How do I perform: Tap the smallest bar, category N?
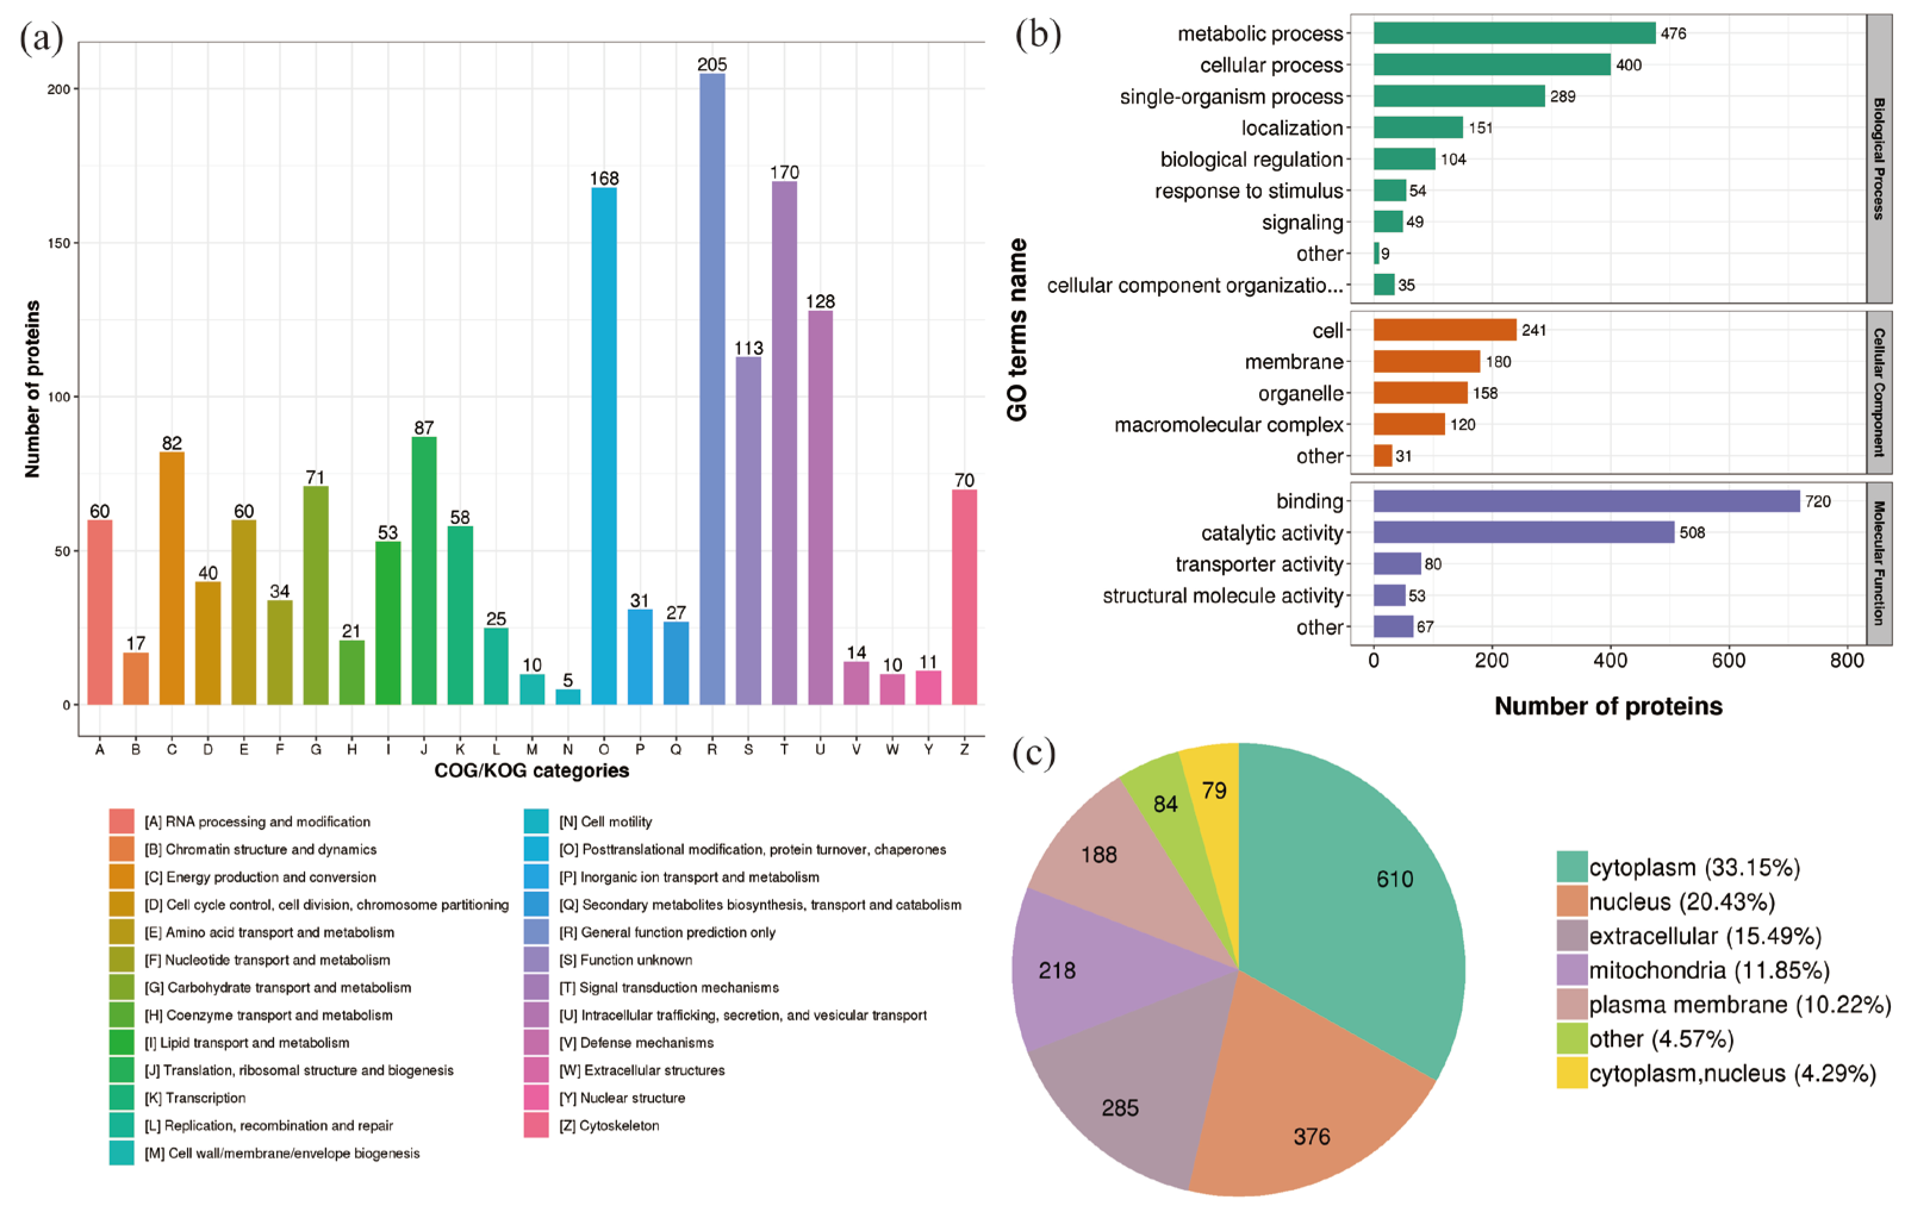tap(568, 697)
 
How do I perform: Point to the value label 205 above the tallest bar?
tap(712, 64)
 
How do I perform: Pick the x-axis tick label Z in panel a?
tap(964, 749)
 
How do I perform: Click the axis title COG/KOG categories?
tap(531, 771)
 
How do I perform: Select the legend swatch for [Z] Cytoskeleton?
tap(536, 1125)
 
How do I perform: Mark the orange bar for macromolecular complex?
tap(1409, 425)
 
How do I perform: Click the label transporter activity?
tap(1259, 564)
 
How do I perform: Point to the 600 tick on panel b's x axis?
tap(1729, 660)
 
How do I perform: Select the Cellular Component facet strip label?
tap(1879, 392)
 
